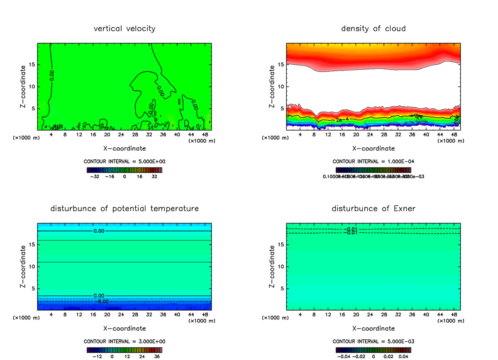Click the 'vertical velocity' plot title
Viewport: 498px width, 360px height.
click(x=124, y=29)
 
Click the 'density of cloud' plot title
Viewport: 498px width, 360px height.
click(x=373, y=29)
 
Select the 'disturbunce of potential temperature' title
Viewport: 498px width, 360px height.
click(x=124, y=208)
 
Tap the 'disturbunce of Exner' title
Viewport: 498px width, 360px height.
click(x=373, y=208)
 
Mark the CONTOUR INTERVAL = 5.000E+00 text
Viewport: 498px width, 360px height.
click(x=125, y=161)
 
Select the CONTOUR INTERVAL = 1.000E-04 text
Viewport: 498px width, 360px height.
click(x=373, y=161)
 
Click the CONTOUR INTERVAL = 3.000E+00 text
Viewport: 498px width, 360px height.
click(x=125, y=341)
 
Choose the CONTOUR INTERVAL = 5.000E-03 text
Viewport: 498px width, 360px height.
click(x=373, y=341)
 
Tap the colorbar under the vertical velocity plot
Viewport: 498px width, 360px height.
click(x=124, y=170)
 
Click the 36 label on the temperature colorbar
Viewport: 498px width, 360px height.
click(x=157, y=356)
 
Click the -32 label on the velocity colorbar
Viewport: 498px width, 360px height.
click(x=95, y=176)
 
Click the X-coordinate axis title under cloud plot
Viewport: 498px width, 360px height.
click(x=373, y=148)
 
